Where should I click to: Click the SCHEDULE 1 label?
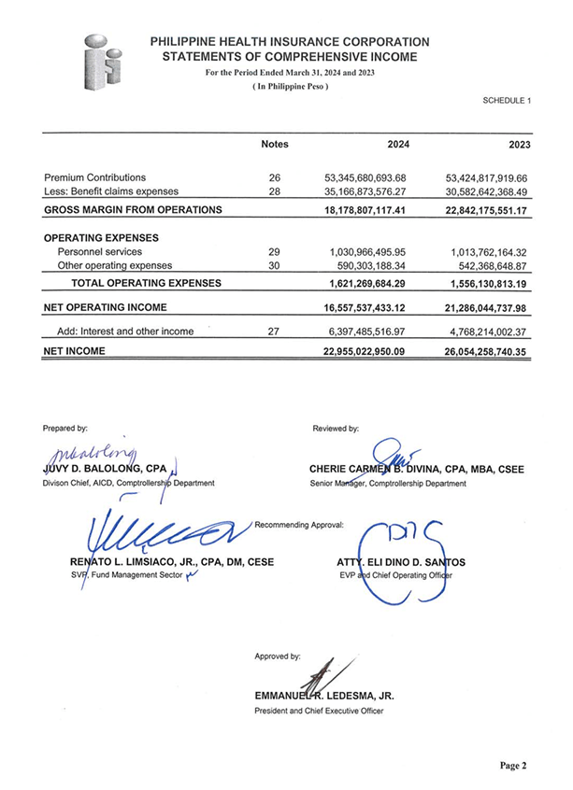click(507, 99)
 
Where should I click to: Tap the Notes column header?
click(275, 145)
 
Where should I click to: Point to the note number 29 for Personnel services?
click(274, 252)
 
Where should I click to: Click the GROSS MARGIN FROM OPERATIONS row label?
click(133, 210)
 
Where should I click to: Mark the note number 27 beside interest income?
click(274, 332)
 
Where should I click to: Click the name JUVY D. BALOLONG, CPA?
click(104, 469)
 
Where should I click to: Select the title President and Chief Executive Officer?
click(319, 711)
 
